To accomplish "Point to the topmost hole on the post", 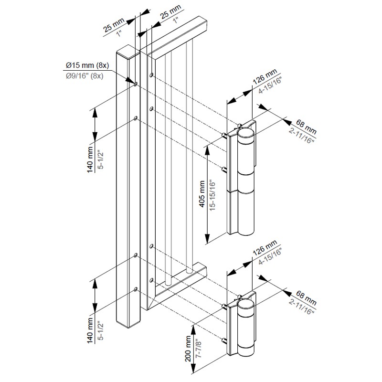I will click(136, 84).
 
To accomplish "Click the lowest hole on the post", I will click(136, 289).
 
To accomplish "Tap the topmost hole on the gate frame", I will click(151, 75).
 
